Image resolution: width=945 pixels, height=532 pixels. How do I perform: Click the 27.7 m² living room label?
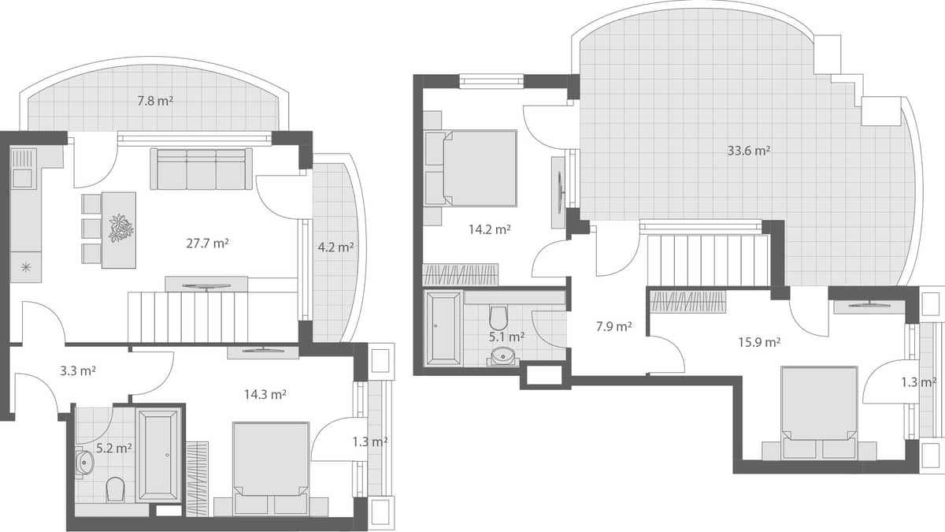tap(207, 244)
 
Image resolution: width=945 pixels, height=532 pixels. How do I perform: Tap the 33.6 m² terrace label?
tap(748, 151)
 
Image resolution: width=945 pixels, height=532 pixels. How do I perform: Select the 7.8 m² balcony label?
tap(155, 101)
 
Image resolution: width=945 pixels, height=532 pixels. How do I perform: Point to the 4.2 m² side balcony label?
tap(335, 247)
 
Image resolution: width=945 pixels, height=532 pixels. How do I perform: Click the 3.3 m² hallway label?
tap(78, 370)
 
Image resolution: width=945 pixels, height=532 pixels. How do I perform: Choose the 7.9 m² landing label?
tap(613, 326)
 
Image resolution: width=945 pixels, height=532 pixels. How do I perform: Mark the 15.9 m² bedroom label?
tap(759, 342)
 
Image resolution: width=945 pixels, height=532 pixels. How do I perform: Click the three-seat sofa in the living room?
tap(202, 169)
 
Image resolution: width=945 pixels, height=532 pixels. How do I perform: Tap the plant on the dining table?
tap(120, 228)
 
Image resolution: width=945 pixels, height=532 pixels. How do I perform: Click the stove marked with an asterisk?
tap(25, 267)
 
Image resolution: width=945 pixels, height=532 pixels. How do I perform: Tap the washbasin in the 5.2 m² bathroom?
tap(84, 462)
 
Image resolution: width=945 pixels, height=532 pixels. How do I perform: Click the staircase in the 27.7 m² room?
tap(188, 317)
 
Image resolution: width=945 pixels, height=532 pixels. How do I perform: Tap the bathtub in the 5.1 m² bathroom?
tap(443, 329)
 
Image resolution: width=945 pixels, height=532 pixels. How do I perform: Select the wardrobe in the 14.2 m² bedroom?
tap(461, 274)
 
